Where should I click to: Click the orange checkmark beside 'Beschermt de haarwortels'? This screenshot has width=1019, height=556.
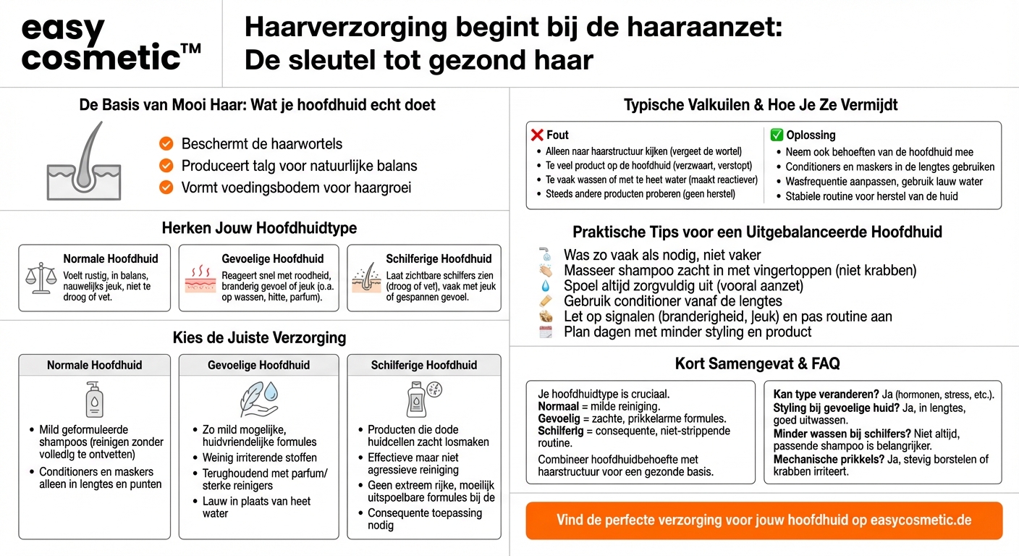166,143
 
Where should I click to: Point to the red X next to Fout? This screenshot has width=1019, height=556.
536,135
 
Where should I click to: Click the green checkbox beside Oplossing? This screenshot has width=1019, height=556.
777,135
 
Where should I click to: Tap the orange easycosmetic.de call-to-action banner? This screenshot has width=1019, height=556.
764,520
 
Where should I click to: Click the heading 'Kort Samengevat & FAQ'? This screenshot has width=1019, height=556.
757,363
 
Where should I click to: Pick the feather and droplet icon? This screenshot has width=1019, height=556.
258,399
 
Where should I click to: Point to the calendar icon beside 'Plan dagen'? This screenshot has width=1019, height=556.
546,332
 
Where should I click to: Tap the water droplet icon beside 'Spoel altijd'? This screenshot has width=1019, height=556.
546,286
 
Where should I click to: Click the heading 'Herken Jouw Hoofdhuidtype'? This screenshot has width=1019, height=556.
259,228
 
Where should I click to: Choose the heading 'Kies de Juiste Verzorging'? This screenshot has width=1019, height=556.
259,338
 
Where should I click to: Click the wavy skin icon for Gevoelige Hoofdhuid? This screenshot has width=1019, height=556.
200,278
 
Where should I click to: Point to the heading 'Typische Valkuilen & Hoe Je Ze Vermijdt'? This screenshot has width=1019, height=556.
761,105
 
